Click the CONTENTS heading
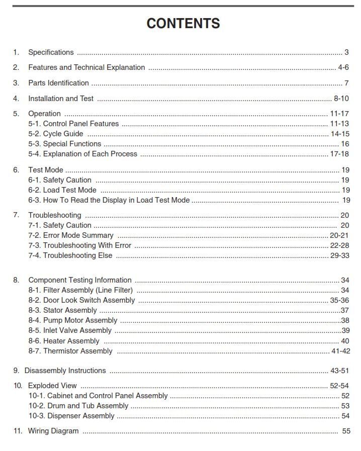[x=183, y=24]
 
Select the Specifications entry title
[x=51, y=52]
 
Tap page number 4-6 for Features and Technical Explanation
[x=343, y=67]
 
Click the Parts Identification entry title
[x=58, y=83]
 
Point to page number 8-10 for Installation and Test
[x=341, y=99]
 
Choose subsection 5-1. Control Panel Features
[x=73, y=124]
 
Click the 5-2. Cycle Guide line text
[x=56, y=134]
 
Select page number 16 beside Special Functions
[x=345, y=144]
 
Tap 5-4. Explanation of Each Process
[x=82, y=154]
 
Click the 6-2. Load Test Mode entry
[x=62, y=190]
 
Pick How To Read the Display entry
[x=109, y=200]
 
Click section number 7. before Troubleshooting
[x=16, y=215]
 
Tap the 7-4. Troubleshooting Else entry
[x=70, y=255]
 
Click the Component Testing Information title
[x=80, y=280]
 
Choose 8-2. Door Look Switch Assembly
[x=81, y=300]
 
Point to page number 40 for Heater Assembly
[x=345, y=341]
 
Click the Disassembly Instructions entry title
[x=65, y=371]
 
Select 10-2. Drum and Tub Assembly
[x=78, y=406]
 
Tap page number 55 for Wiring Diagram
[x=346, y=431]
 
